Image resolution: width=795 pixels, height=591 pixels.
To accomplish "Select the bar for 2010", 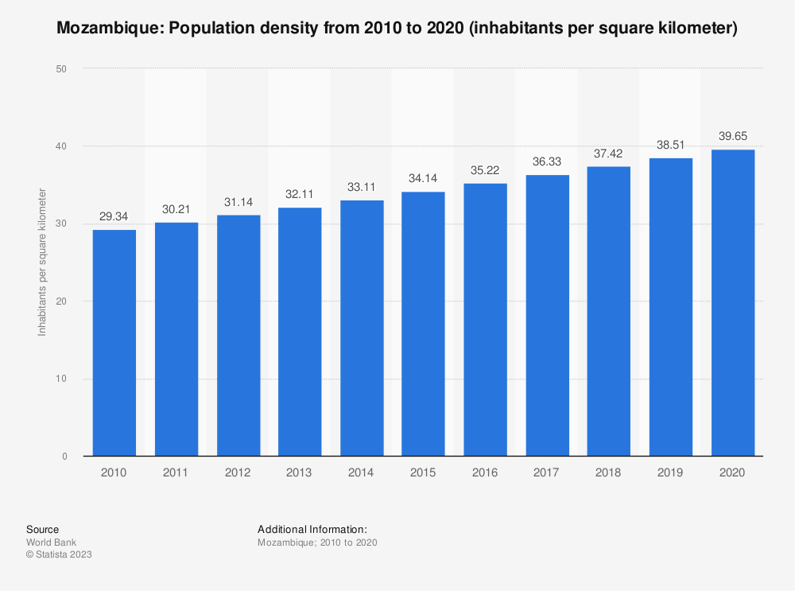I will (114, 343).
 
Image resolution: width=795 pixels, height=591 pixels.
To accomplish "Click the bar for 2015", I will (423, 324).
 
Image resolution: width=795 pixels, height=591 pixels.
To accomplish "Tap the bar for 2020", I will (732, 303).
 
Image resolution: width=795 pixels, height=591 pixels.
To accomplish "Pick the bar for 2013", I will (300, 332).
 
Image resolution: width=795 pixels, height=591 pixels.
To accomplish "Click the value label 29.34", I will (114, 216).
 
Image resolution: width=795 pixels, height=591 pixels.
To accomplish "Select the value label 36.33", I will (547, 161).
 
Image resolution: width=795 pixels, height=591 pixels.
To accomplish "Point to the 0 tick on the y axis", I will (62, 457).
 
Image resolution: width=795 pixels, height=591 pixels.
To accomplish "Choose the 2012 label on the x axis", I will (238, 472).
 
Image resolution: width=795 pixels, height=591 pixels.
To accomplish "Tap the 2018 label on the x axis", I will (609, 472).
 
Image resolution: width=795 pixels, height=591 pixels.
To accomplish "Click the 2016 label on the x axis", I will (485, 472).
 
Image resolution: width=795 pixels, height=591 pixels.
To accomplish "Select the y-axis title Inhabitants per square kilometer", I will (42, 262).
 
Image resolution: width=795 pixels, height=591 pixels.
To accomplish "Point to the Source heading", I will (42, 529).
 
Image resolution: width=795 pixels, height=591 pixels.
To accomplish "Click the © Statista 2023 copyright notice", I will (59, 554).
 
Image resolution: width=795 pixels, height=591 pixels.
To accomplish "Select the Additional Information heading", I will (312, 529).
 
